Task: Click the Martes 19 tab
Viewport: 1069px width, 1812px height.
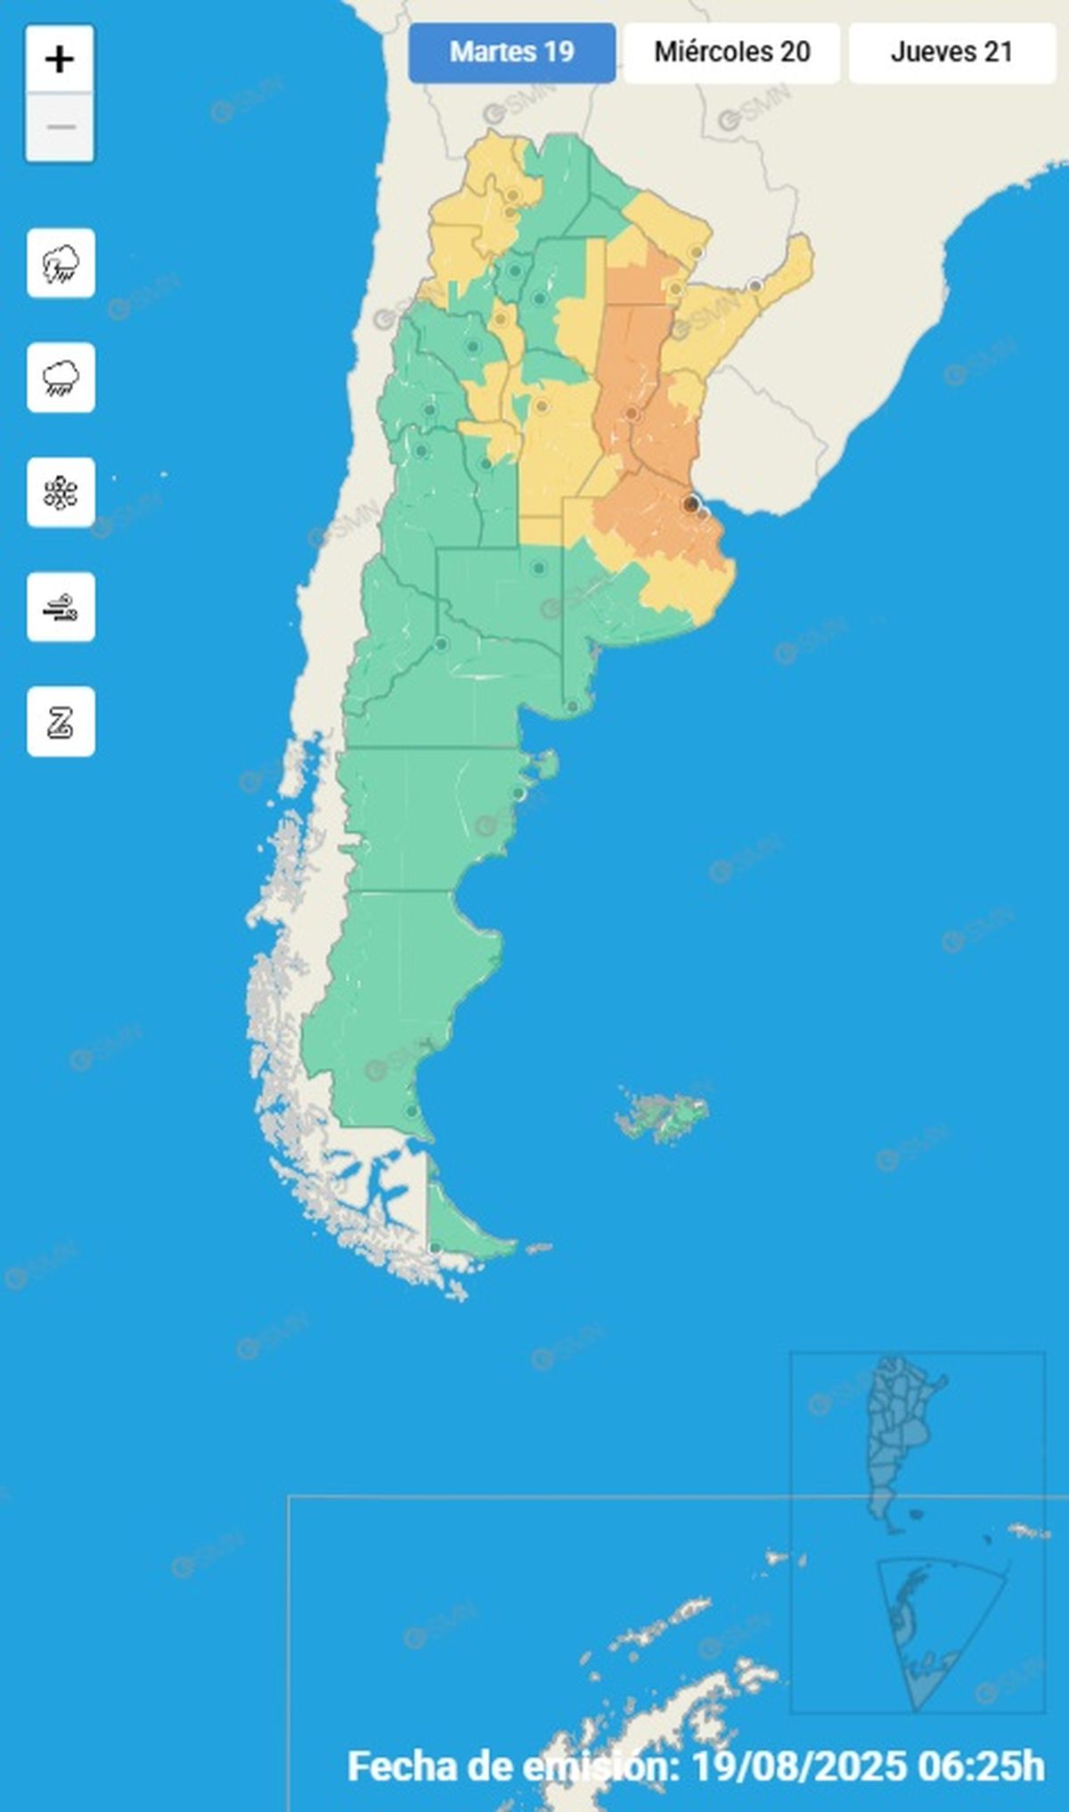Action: pyautogui.click(x=512, y=53)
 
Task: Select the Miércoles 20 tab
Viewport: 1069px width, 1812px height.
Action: pyautogui.click(x=731, y=53)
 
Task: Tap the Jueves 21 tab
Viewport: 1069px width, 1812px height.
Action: pyautogui.click(x=951, y=53)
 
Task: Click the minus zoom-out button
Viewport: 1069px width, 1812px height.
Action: pyautogui.click(x=60, y=127)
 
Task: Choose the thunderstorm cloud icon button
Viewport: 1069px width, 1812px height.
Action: pyautogui.click(x=61, y=264)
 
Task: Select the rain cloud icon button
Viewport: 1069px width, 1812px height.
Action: pyautogui.click(x=61, y=378)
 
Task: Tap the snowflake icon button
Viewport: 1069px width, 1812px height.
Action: pyautogui.click(x=61, y=493)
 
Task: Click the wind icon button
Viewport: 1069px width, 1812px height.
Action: pyautogui.click(x=61, y=608)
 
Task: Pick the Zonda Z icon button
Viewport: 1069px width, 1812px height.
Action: pyautogui.click(x=61, y=722)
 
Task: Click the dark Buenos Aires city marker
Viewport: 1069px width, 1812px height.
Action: pyautogui.click(x=690, y=504)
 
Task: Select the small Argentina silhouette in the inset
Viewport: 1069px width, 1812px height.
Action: pyautogui.click(x=895, y=1434)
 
